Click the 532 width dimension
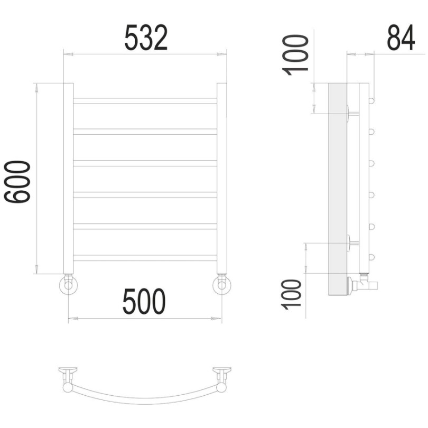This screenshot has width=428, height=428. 146,38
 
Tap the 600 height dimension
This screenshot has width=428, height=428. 17,182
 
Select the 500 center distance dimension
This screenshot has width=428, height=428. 144,301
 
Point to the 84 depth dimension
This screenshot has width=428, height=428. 401,38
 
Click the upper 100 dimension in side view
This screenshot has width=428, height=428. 295,55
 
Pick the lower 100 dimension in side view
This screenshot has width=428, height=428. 291,294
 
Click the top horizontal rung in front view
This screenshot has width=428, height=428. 145,101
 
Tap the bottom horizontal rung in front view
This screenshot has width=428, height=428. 145,258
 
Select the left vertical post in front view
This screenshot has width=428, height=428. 68,178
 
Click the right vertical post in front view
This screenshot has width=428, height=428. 221,178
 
